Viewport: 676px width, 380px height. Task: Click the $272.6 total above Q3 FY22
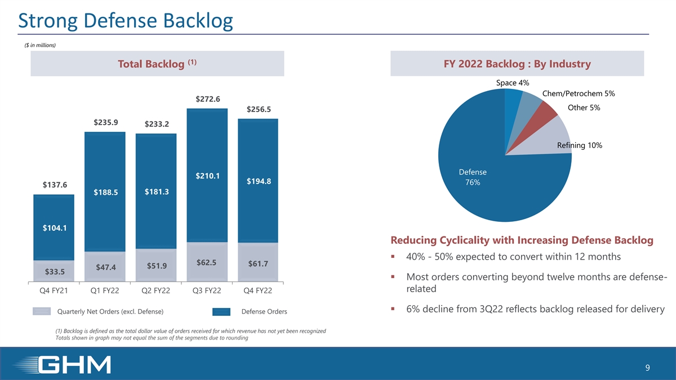tap(207, 99)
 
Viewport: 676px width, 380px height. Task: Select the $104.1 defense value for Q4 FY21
tap(54, 228)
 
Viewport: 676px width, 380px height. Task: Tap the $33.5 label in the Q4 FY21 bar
tap(54, 272)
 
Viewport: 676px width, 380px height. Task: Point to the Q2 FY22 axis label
tap(156, 290)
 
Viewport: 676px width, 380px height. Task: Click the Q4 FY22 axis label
tap(258, 290)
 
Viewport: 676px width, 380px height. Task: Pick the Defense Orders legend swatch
tap(221, 312)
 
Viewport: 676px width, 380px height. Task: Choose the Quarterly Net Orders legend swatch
tap(42, 312)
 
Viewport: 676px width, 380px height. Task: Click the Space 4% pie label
tap(512, 83)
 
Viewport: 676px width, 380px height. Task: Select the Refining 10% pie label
tap(579, 146)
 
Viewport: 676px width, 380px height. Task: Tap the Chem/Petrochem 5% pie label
tap(578, 93)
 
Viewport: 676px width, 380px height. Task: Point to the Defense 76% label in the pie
tap(473, 177)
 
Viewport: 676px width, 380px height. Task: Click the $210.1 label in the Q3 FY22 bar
tap(207, 176)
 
